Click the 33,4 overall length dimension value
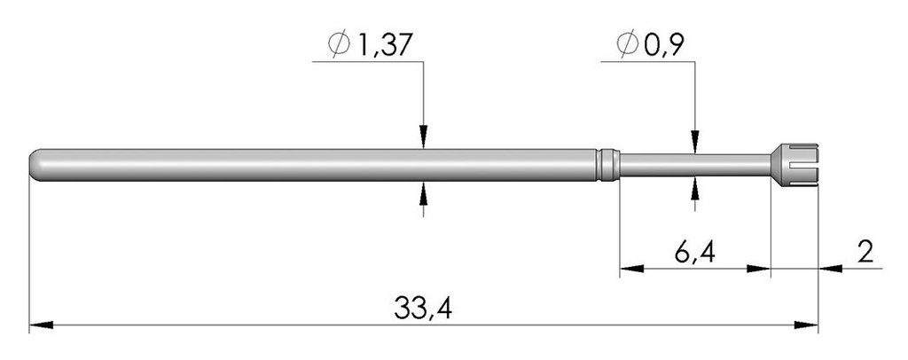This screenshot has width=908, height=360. (423, 310)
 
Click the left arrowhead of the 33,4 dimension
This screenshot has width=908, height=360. (39, 325)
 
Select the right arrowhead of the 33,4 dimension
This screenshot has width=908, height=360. (809, 325)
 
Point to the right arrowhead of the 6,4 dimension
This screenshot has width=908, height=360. (761, 269)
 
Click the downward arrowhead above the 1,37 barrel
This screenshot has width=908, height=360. (424, 138)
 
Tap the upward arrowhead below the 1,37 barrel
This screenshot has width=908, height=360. (424, 190)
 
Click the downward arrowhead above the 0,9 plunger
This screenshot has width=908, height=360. (694, 143)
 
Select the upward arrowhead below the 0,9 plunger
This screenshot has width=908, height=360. (694, 184)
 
